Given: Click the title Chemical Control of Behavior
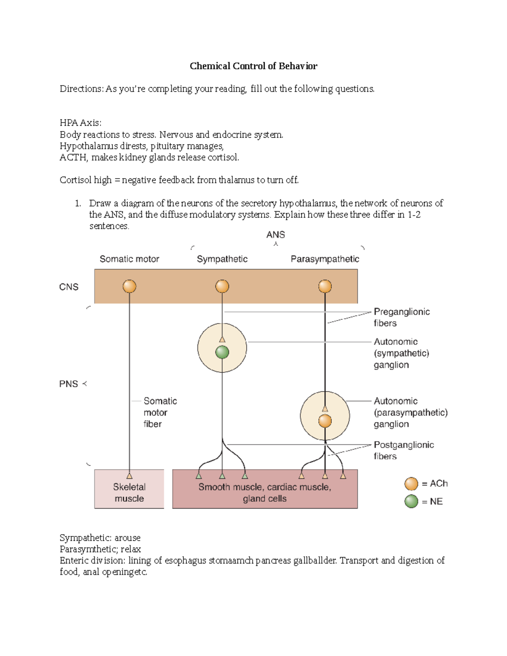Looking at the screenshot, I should tap(253, 66).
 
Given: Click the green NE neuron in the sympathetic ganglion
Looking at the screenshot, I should tap(222, 352).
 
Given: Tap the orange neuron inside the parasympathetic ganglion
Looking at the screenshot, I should tap(325, 421).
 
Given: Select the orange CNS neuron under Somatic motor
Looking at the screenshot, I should tap(129, 286).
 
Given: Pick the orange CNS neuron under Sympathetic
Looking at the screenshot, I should tap(222, 286).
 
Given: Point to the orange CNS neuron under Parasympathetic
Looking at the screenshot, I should tap(325, 286).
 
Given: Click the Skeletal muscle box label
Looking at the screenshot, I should tap(129, 493).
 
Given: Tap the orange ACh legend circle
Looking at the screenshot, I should tap(411, 484).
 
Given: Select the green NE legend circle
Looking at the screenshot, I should tap(411, 501).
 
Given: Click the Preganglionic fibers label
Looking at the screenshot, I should tap(401, 317).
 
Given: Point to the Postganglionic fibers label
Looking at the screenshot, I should tap(403, 450).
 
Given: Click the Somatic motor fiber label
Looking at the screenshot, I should tap(159, 412).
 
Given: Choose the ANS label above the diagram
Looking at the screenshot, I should tap(275, 235).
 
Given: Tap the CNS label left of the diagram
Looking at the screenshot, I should tap(69, 287).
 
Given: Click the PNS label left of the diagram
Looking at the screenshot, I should tap(68, 384).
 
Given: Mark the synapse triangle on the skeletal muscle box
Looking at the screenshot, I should tap(129, 476).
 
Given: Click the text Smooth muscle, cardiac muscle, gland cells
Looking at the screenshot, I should tap(265, 493).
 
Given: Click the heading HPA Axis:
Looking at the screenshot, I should tap(80, 123).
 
